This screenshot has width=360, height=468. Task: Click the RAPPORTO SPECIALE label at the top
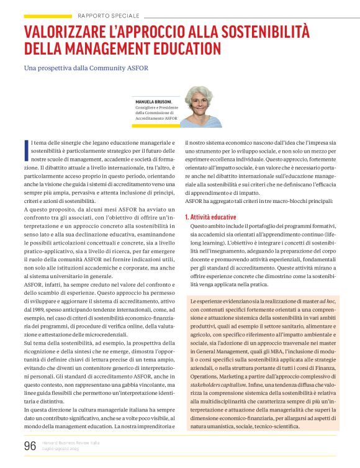(108, 15)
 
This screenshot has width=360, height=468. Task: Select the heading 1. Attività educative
(210, 217)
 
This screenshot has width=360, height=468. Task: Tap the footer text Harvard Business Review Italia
(72, 443)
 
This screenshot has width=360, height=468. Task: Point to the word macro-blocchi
(287, 201)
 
